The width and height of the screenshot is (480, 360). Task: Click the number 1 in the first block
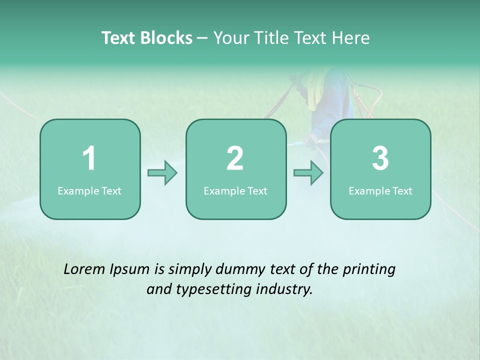[x=89, y=158]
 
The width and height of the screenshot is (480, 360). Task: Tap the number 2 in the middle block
[x=235, y=158]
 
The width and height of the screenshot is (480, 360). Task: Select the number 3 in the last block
[x=380, y=158]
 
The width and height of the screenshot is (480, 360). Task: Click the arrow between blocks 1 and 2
[x=162, y=173]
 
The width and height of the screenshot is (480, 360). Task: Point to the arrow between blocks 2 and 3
[x=308, y=173]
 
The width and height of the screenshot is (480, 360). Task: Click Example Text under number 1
[x=89, y=191]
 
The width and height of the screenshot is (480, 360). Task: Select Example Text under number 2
[x=235, y=191]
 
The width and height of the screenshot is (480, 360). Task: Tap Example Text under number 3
[x=380, y=191]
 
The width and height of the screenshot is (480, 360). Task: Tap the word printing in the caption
[x=369, y=270]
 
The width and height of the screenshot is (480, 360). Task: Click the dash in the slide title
[x=202, y=38]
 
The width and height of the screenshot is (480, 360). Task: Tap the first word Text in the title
[x=118, y=38]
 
